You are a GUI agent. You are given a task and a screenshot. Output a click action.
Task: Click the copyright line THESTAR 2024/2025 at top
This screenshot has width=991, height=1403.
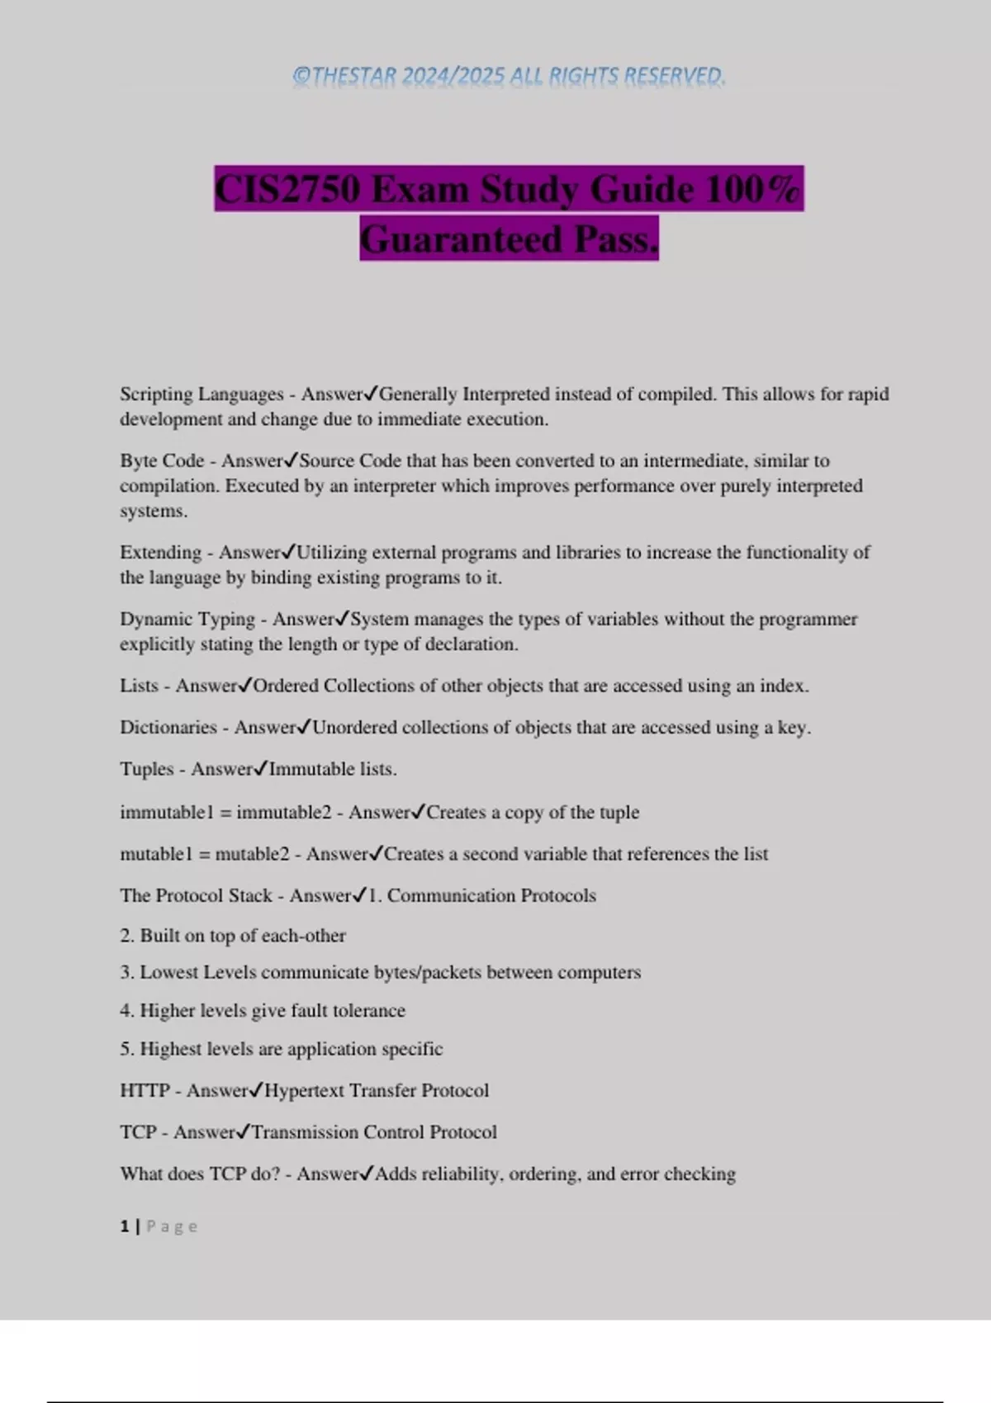(509, 76)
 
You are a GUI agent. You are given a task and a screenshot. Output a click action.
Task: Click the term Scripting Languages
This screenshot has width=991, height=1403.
(202, 394)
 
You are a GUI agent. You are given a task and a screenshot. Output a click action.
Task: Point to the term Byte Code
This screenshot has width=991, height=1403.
(162, 461)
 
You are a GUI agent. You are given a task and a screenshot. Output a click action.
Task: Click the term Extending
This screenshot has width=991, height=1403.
(160, 552)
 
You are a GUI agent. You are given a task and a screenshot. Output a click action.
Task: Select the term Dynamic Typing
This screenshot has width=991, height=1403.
(187, 619)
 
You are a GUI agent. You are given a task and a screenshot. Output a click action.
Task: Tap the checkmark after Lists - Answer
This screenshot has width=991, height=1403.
(245, 685)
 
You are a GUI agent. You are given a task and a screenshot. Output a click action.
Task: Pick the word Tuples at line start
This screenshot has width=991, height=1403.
(146, 769)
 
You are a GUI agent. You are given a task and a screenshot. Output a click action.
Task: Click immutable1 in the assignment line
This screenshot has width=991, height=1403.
(167, 812)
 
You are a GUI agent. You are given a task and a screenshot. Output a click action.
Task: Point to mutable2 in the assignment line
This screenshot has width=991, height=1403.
(252, 854)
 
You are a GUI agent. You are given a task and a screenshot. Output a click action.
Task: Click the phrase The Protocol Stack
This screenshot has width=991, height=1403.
(196, 895)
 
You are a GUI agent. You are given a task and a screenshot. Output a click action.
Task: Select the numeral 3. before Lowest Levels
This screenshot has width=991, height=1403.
(126, 972)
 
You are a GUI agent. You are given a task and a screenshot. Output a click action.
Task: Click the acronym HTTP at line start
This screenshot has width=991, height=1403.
(145, 1091)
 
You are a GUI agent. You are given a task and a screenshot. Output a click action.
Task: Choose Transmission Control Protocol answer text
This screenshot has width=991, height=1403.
(374, 1132)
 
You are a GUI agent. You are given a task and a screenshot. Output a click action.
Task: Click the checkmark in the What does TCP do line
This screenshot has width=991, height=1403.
(367, 1174)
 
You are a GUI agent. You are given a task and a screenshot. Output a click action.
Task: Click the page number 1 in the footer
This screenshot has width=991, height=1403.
(125, 1226)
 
